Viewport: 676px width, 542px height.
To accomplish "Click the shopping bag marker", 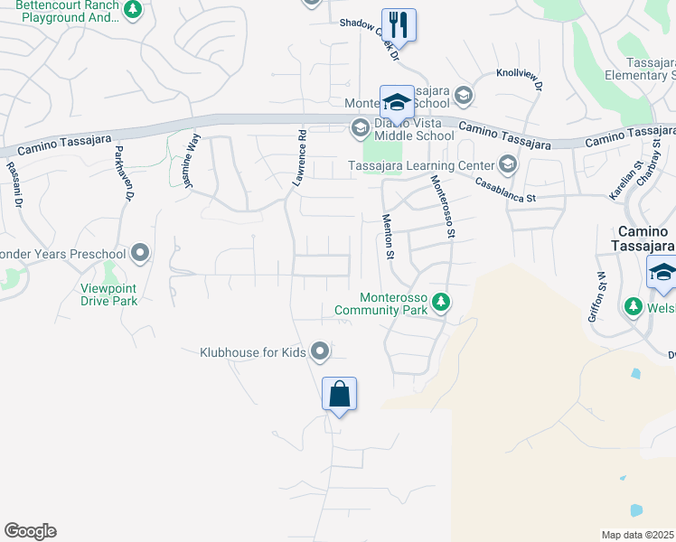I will point(339,395).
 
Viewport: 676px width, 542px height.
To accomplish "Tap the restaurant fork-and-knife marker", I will point(398,24).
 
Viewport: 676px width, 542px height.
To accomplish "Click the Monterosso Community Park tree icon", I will point(440,302).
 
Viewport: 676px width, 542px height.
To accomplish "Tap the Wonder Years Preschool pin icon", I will point(140,254).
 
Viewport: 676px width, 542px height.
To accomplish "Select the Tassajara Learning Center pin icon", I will point(507,164).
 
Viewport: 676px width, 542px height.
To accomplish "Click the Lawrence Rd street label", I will point(299,159).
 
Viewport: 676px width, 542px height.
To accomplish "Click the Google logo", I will point(30,531).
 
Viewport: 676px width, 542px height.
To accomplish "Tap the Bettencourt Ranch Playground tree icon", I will point(134,11).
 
